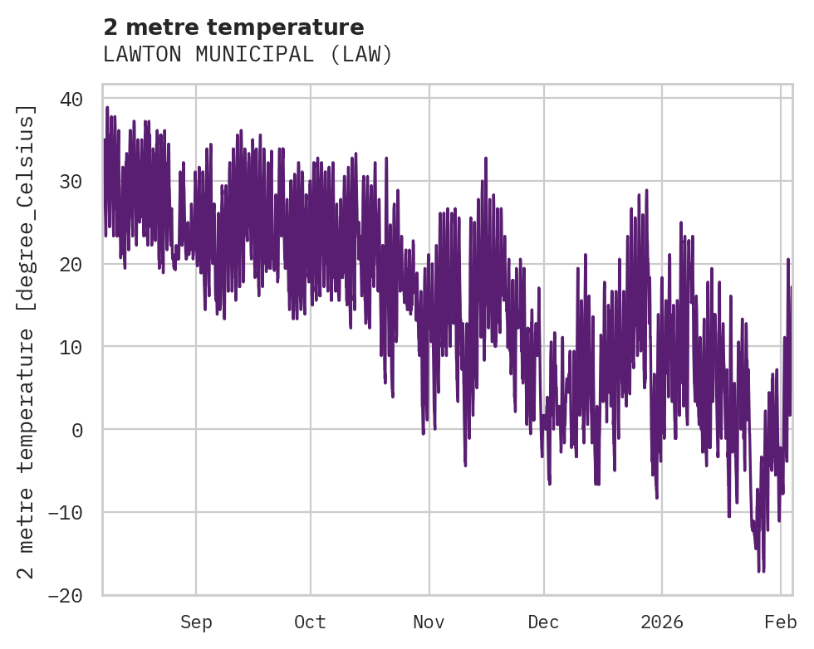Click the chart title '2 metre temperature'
(x=233, y=27)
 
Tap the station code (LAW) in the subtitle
(x=364, y=55)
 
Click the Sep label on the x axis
(x=196, y=622)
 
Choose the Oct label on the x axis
(x=310, y=622)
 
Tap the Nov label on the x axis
(x=429, y=622)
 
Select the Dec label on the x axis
(x=544, y=622)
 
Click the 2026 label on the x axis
(x=662, y=622)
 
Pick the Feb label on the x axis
(x=781, y=622)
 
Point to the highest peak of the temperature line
(x=107, y=107)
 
